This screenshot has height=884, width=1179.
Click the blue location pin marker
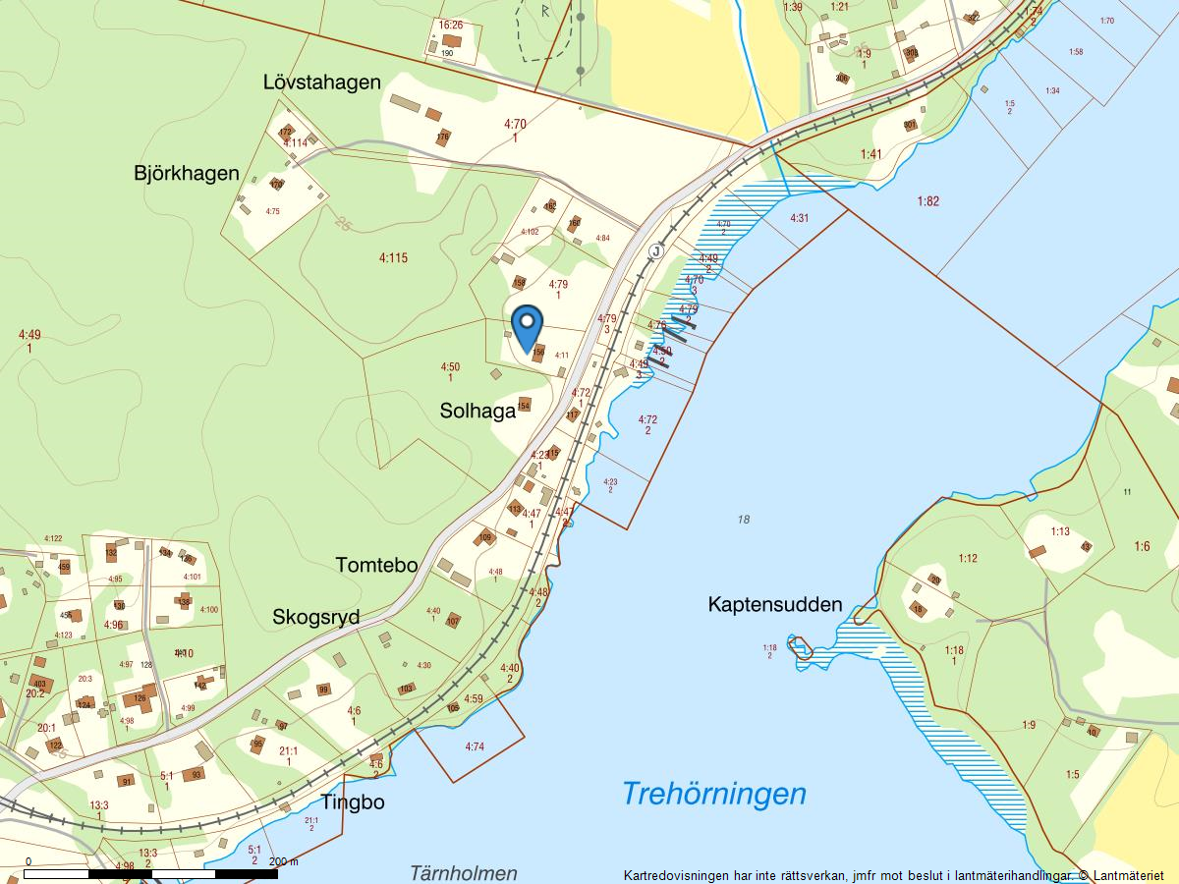coord(528,328)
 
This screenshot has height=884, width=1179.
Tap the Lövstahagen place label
coord(321,83)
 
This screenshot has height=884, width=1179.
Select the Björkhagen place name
coord(187,174)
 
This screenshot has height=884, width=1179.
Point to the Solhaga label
coord(477,412)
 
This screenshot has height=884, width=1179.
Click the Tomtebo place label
coord(376,566)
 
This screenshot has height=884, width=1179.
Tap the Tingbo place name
coord(352,802)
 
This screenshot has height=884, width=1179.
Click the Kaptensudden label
coord(775,605)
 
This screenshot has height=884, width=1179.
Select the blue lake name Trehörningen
coord(713,794)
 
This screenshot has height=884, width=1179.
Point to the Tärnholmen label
coord(463,873)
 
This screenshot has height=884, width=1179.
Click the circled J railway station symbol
coord(655,251)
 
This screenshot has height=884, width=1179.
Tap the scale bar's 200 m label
coord(284,861)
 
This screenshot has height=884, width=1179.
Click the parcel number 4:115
coord(393,258)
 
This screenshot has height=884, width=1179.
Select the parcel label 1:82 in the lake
coord(928,201)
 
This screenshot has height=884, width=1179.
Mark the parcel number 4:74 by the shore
coord(476,746)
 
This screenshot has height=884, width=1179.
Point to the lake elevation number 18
coord(743,520)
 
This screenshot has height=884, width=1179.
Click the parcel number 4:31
coord(799,218)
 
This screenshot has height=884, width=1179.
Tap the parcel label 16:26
coord(451,25)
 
